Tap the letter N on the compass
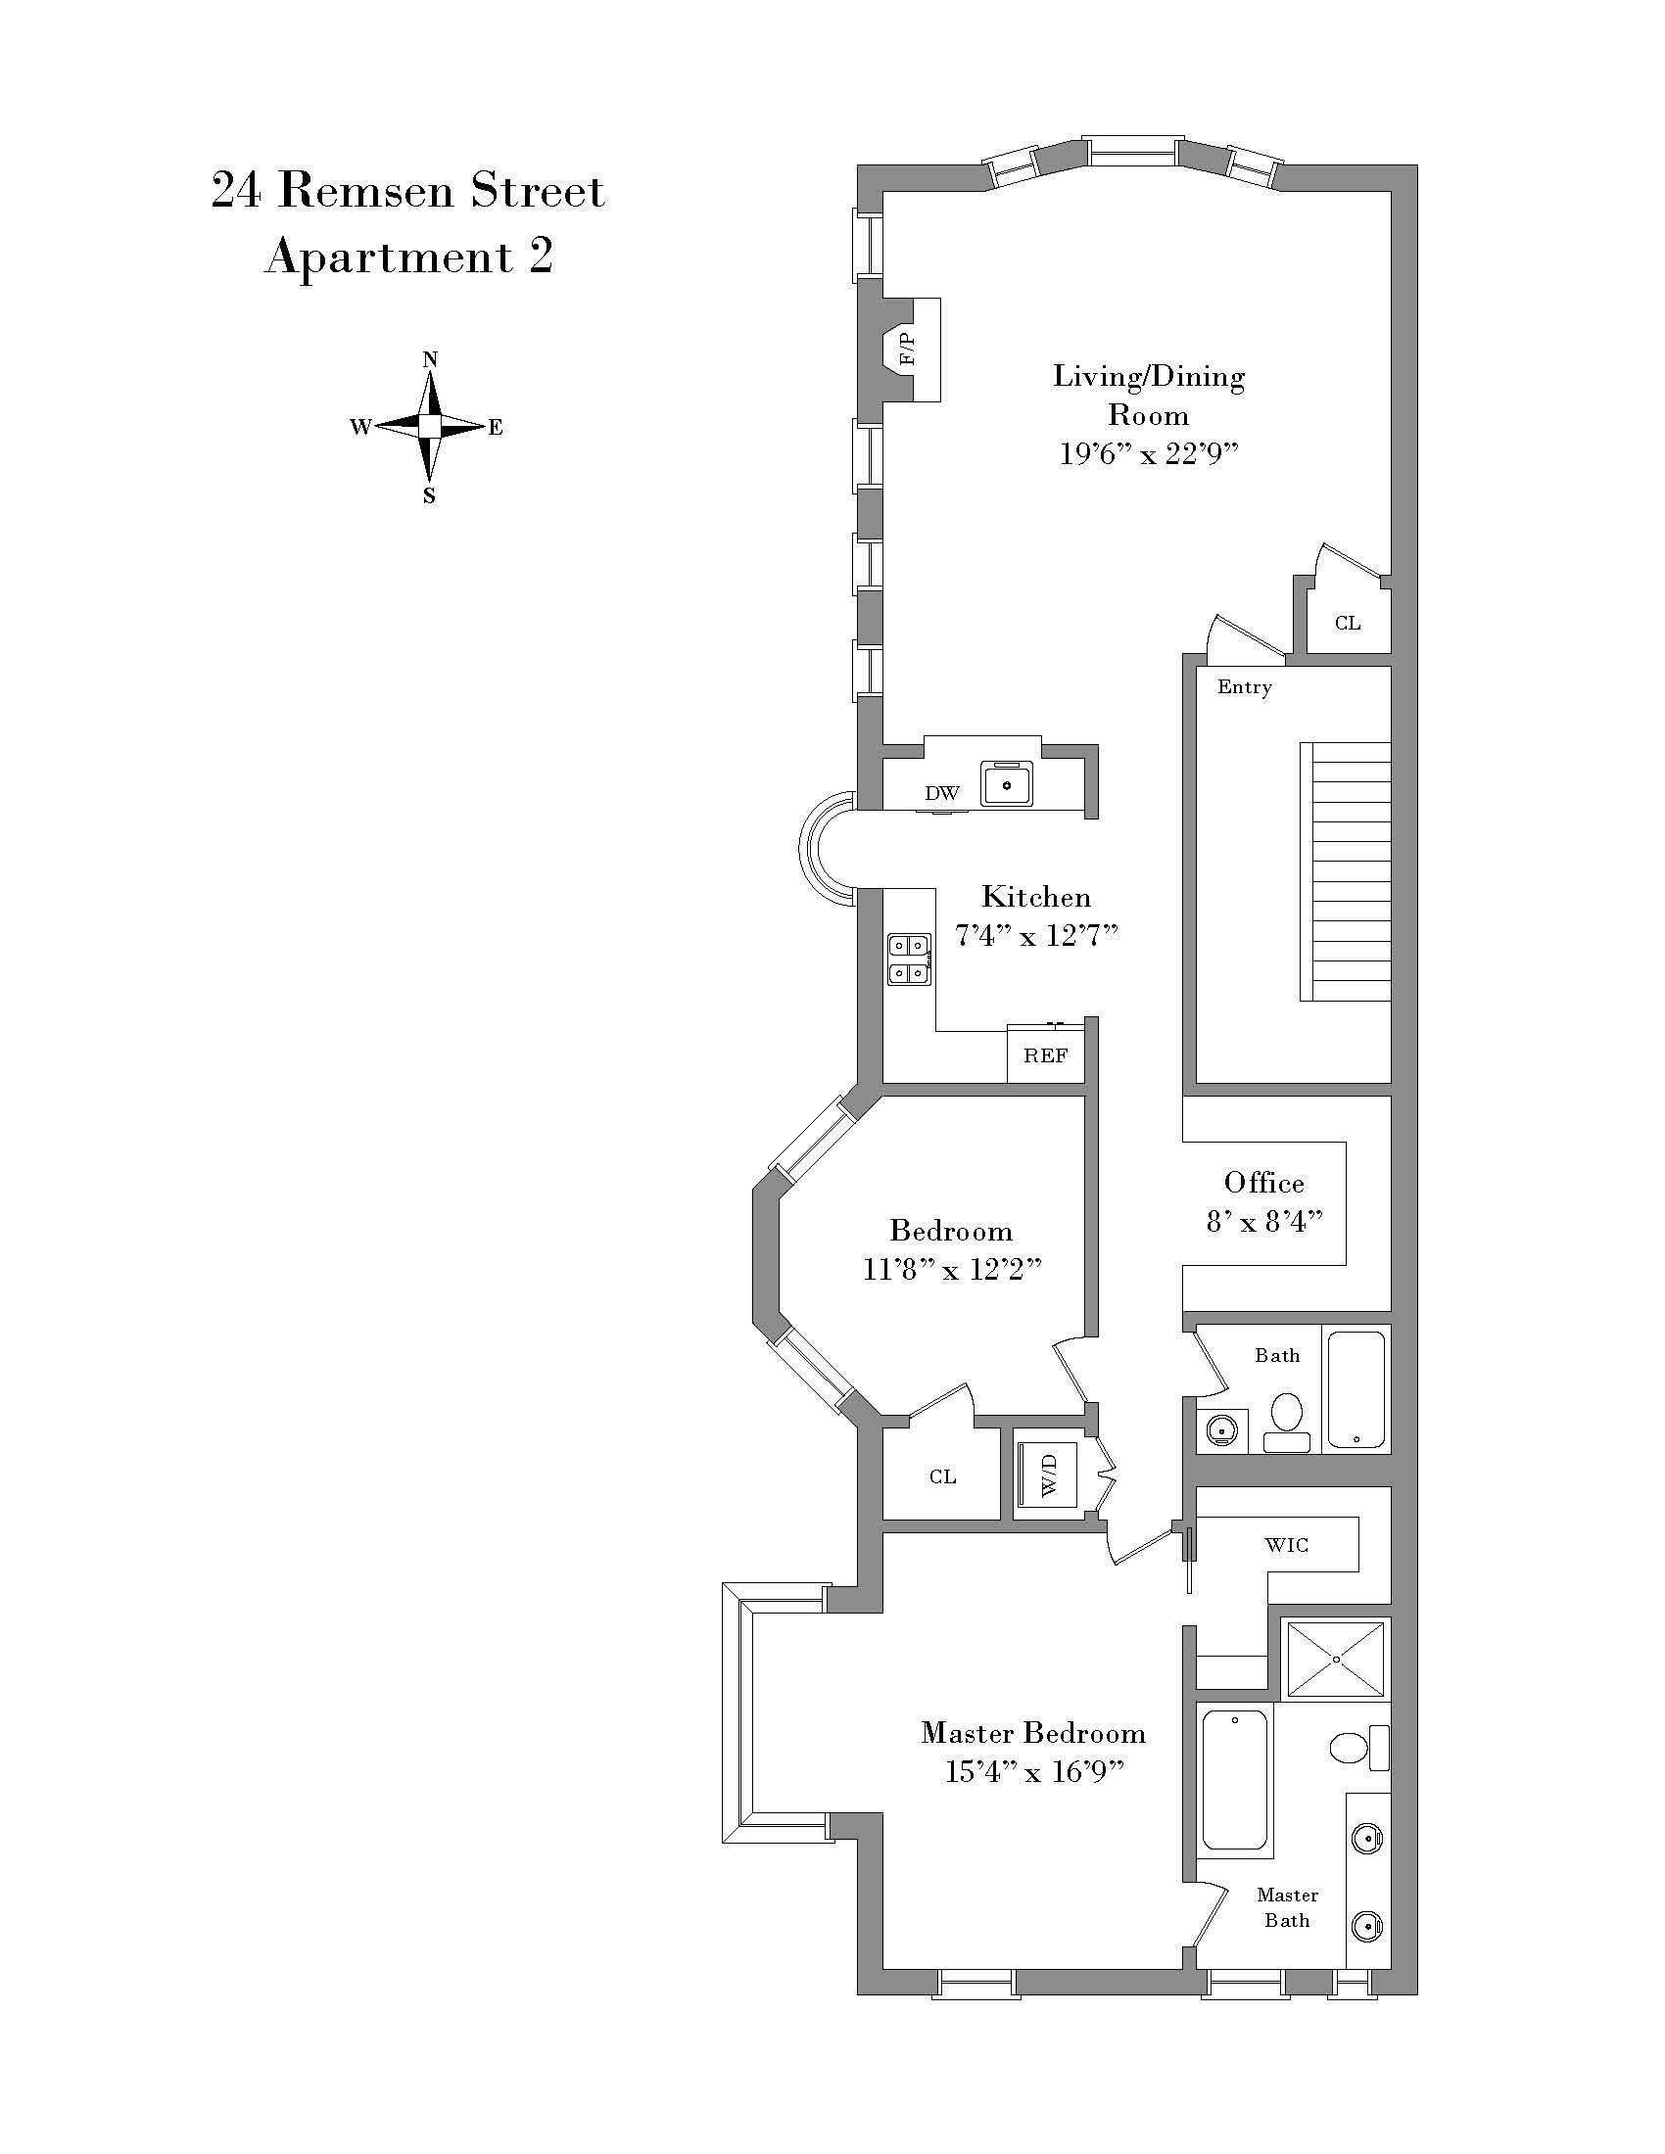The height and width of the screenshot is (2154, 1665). tap(430, 359)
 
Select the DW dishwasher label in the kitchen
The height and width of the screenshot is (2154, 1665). tap(942, 793)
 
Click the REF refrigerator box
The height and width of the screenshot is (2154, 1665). tap(1046, 1055)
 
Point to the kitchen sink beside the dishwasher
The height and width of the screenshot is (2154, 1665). tap(1007, 784)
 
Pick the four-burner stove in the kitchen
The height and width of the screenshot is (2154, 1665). tap(911, 960)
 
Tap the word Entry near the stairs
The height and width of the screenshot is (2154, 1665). tap(1245, 686)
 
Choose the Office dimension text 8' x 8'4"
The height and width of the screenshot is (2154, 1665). tap(1263, 1221)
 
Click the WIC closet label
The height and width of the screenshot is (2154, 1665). tap(1287, 1544)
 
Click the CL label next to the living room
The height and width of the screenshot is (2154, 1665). tap(1348, 623)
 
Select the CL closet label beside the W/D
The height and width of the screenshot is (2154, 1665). tap(942, 1476)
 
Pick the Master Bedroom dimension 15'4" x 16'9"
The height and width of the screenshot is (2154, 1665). tap(1033, 1772)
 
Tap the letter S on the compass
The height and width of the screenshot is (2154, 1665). tap(429, 496)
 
